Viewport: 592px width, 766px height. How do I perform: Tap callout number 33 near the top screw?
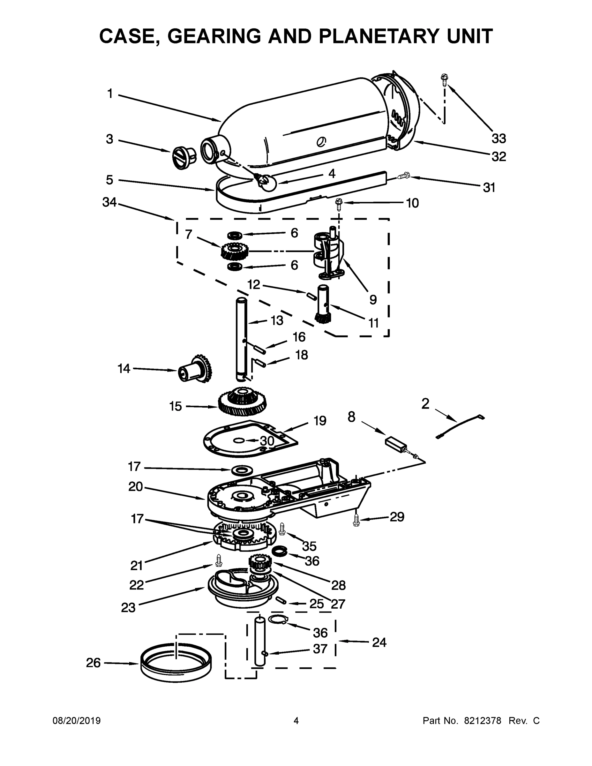(x=498, y=139)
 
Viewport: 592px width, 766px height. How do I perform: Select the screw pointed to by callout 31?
(x=404, y=176)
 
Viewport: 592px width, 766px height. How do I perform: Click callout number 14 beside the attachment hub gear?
(x=124, y=368)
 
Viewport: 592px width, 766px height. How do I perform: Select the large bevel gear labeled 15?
(x=242, y=402)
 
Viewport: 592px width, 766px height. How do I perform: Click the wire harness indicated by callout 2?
(x=460, y=427)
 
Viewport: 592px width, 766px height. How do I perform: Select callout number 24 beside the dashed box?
(x=379, y=642)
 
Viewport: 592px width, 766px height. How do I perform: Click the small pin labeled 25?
(x=281, y=600)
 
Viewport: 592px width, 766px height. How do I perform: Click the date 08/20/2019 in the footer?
(x=77, y=721)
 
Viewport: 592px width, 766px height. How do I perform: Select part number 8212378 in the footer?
(x=483, y=721)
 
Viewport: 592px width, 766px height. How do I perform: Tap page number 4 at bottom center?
(x=296, y=721)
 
